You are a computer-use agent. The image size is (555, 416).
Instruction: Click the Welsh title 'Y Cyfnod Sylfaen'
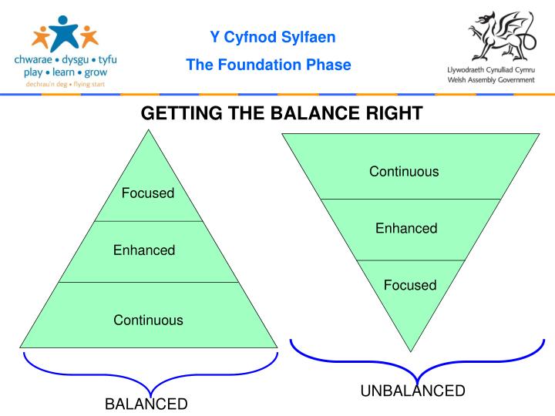273,37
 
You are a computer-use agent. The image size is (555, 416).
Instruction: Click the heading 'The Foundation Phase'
268,65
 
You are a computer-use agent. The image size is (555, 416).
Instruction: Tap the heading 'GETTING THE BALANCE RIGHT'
281,114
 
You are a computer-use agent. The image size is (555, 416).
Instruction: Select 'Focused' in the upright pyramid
148,193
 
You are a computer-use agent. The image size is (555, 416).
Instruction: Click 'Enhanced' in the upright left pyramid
144,250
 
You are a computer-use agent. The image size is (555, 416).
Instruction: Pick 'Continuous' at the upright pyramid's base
148,320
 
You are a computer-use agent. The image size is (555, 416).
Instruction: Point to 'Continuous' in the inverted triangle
404,171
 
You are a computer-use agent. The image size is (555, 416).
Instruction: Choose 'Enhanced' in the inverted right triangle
406,228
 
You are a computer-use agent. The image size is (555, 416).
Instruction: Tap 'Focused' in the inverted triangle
410,285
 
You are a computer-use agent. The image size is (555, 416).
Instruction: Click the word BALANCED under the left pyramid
146,404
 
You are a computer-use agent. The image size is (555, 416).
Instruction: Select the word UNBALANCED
413,391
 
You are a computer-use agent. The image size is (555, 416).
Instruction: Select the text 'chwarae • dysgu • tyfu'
66,59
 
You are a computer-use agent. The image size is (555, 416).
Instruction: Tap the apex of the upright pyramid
148,131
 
